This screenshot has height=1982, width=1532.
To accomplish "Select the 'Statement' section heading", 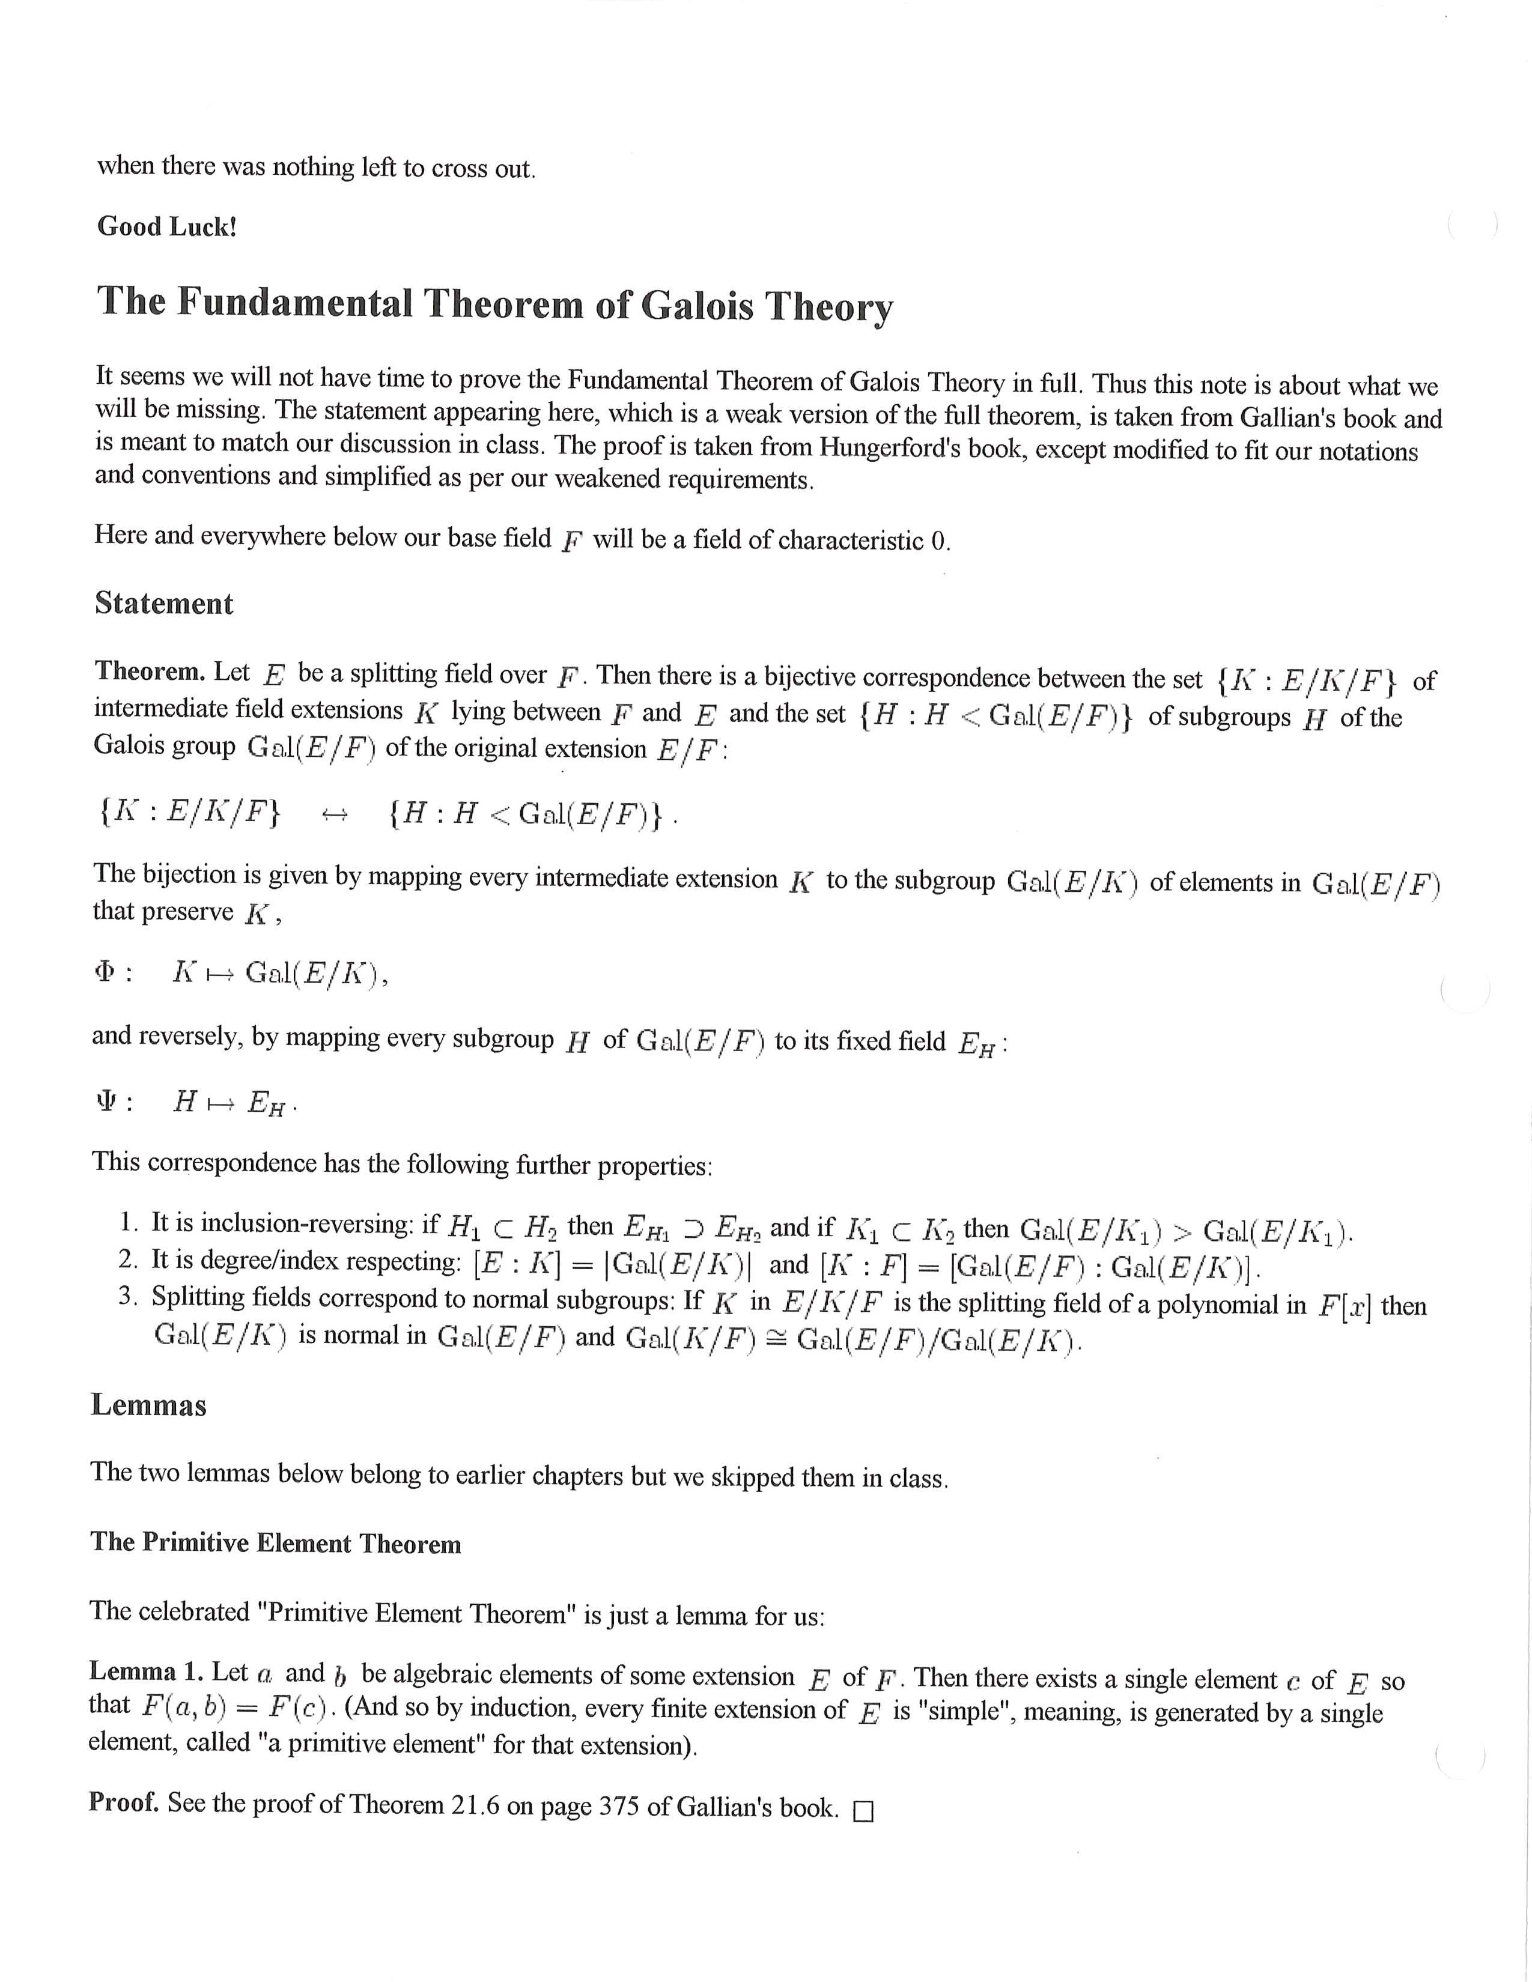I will click(x=163, y=604).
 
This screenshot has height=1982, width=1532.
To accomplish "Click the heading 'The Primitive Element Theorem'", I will click(x=276, y=1544).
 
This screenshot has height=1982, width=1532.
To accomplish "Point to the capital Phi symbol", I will click(x=105, y=971).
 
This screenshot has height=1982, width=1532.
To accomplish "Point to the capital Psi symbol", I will click(x=105, y=1101).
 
